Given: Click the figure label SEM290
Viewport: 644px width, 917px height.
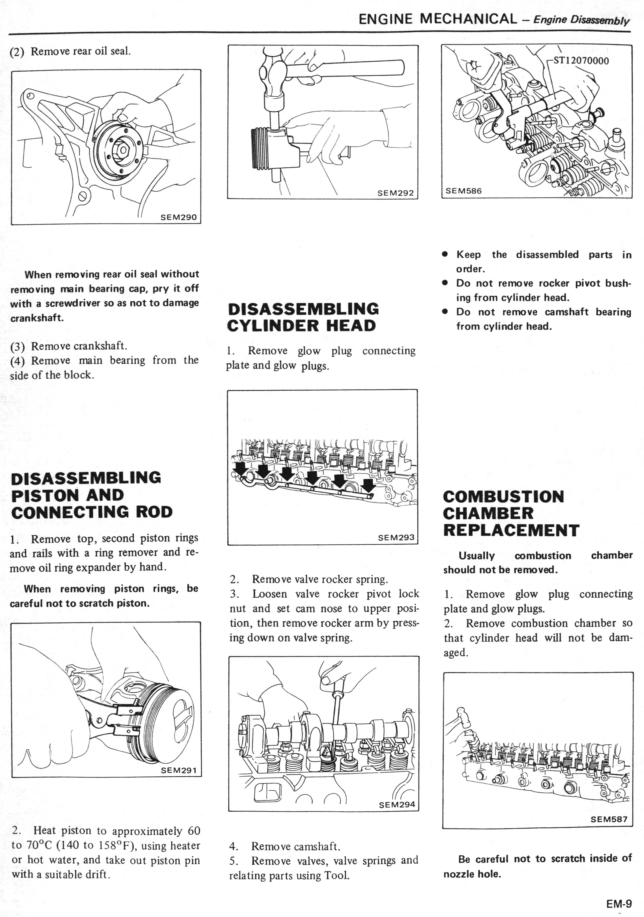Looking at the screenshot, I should click(178, 217).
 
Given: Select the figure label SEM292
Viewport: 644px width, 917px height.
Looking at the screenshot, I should click(395, 193).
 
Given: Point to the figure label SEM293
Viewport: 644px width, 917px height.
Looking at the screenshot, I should click(396, 538).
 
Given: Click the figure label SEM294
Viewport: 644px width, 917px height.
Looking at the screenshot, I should click(397, 805).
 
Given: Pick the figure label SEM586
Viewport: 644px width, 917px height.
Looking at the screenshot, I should click(464, 191).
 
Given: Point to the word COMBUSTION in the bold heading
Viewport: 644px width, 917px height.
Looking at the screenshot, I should click(504, 496).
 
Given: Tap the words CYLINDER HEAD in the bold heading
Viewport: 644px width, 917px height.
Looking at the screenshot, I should click(301, 325).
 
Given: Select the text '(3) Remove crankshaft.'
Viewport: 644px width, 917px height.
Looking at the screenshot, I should click(69, 346).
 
